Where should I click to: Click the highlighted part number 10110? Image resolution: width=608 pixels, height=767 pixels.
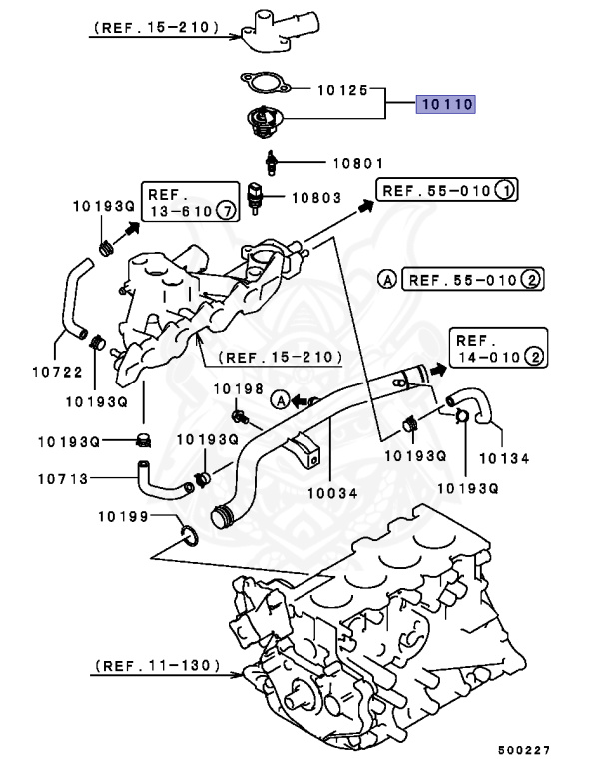445,104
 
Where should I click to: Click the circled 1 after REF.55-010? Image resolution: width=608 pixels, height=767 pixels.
506,190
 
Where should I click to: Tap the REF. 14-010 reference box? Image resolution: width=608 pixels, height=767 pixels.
497,346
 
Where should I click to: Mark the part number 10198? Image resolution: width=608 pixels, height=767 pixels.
237,388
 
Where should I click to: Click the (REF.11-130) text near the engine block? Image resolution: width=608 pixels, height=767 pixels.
158,664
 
